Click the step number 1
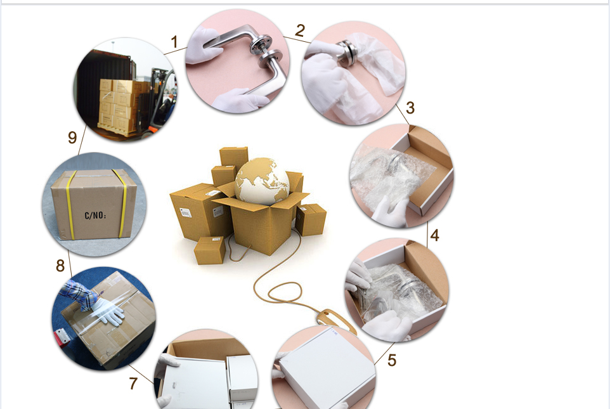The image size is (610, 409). point(174,42)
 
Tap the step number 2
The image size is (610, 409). point(300,30)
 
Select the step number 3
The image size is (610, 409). point(410,108)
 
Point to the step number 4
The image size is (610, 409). point(434,235)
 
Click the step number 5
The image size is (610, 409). point(392,360)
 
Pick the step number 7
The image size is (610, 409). point(133,383)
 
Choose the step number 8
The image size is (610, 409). point(60,266)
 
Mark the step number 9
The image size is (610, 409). point(72,138)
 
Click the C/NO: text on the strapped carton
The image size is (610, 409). point(95,215)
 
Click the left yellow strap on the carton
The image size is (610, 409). point(70,204)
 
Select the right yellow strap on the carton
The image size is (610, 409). point(122,203)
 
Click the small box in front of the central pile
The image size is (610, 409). point(210,250)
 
